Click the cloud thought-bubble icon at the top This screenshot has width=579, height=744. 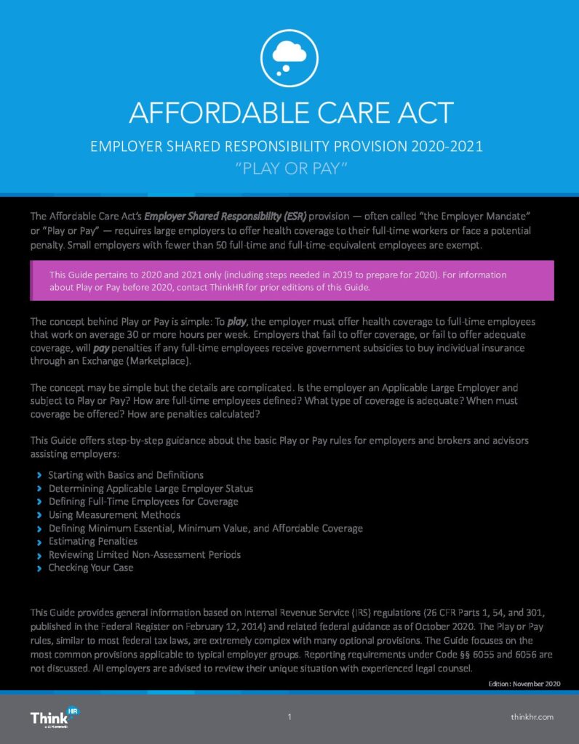coord(289,54)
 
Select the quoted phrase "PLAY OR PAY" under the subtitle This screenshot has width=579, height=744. coord(289,169)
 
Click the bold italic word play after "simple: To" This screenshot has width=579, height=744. coord(237,321)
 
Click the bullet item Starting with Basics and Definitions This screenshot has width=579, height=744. coord(126,474)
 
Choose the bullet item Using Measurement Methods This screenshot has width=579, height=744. coord(114,514)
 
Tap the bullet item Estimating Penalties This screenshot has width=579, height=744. coord(92,541)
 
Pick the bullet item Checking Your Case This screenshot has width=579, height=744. coord(91,567)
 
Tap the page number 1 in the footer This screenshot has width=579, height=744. coord(289,717)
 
